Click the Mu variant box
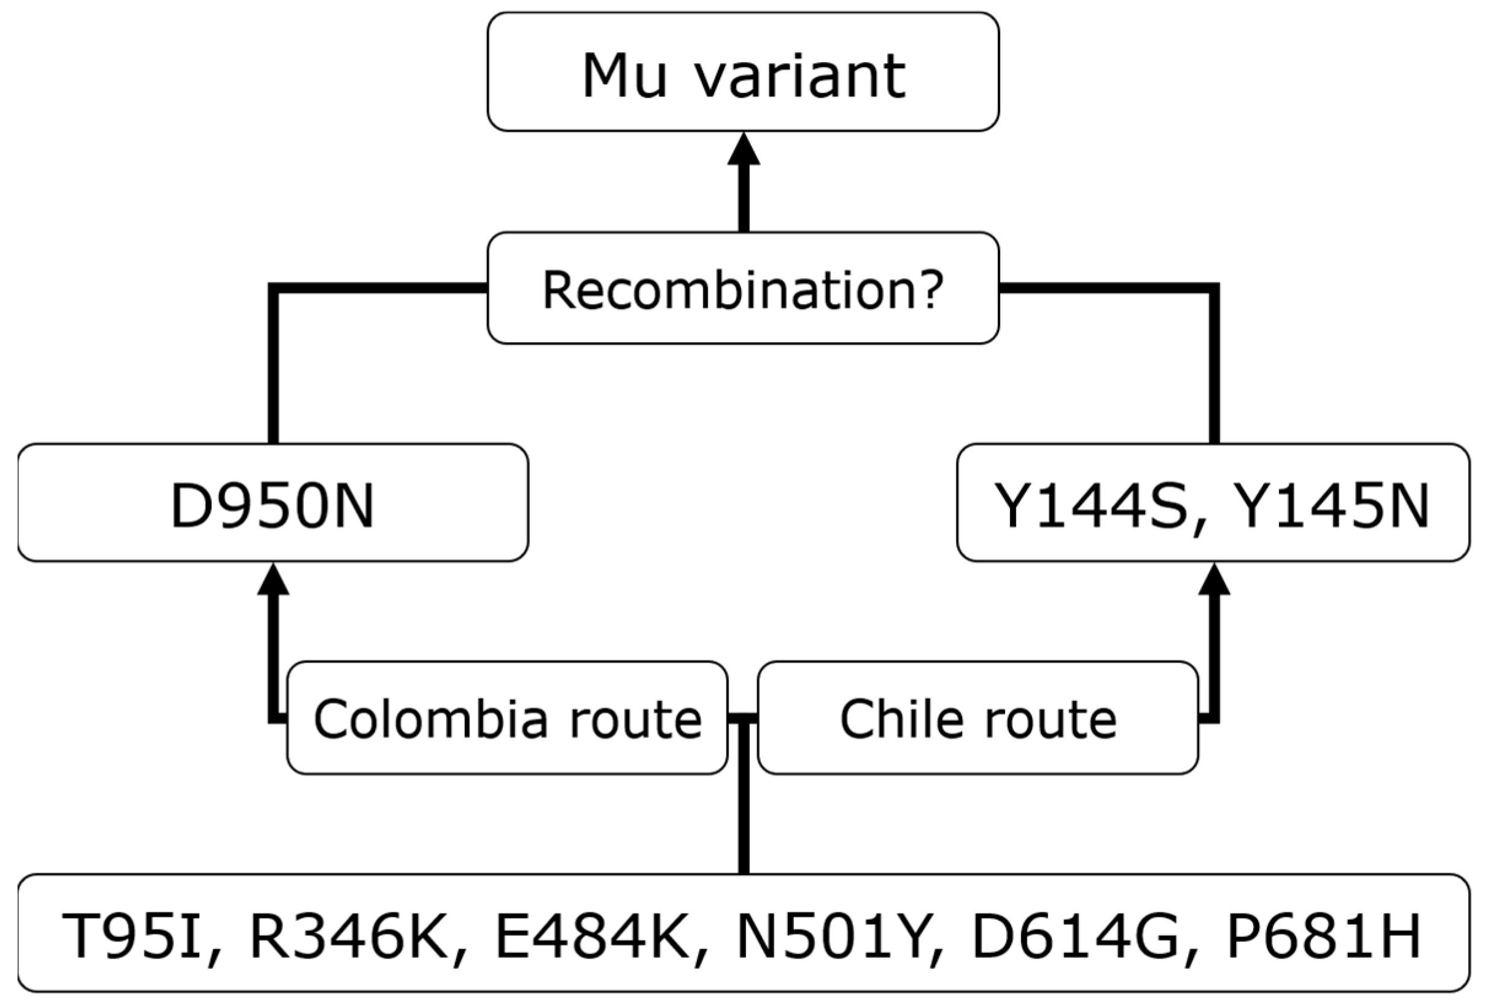pyautogui.click(x=743, y=72)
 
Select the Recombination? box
pyautogui.click(x=743, y=288)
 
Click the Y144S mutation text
pyautogui.click(x=1089, y=506)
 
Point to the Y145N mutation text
pyautogui.click(x=1329, y=506)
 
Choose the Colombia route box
pyautogui.click(x=507, y=718)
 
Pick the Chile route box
pyautogui.click(x=978, y=718)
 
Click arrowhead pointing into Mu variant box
pyautogui.click(x=743, y=150)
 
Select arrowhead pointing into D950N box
pyautogui.click(x=274, y=580)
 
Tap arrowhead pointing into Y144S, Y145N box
pyautogui.click(x=1214, y=580)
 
